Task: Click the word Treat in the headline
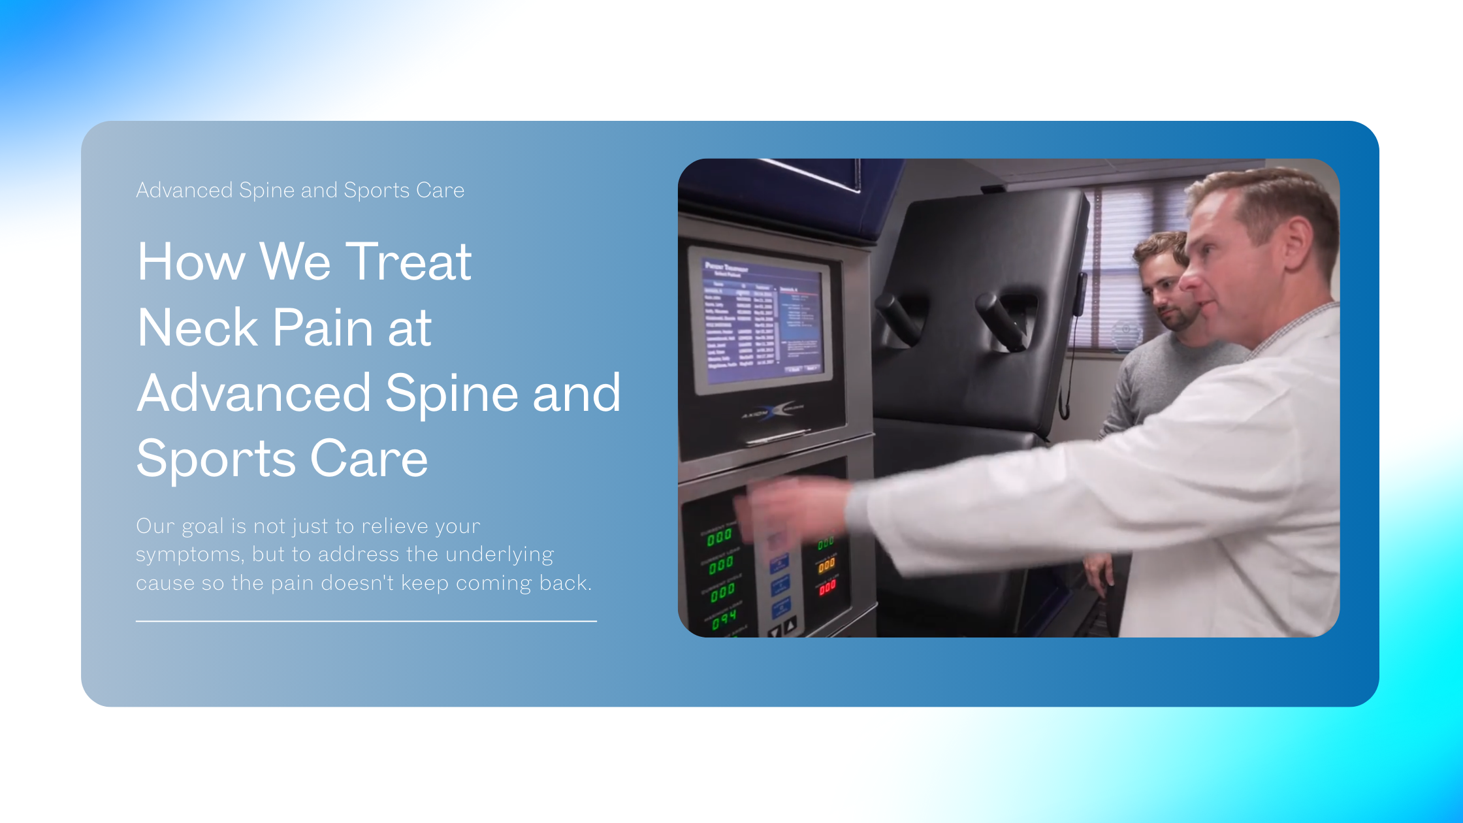(x=408, y=262)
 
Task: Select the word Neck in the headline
(x=197, y=327)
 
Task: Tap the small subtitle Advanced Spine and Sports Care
(x=300, y=190)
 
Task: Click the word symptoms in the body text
(x=190, y=555)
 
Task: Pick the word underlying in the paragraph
(x=500, y=555)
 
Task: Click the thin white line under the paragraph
(x=366, y=621)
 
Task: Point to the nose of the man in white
(x=1190, y=280)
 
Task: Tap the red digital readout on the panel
(x=828, y=587)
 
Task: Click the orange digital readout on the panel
(x=826, y=565)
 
